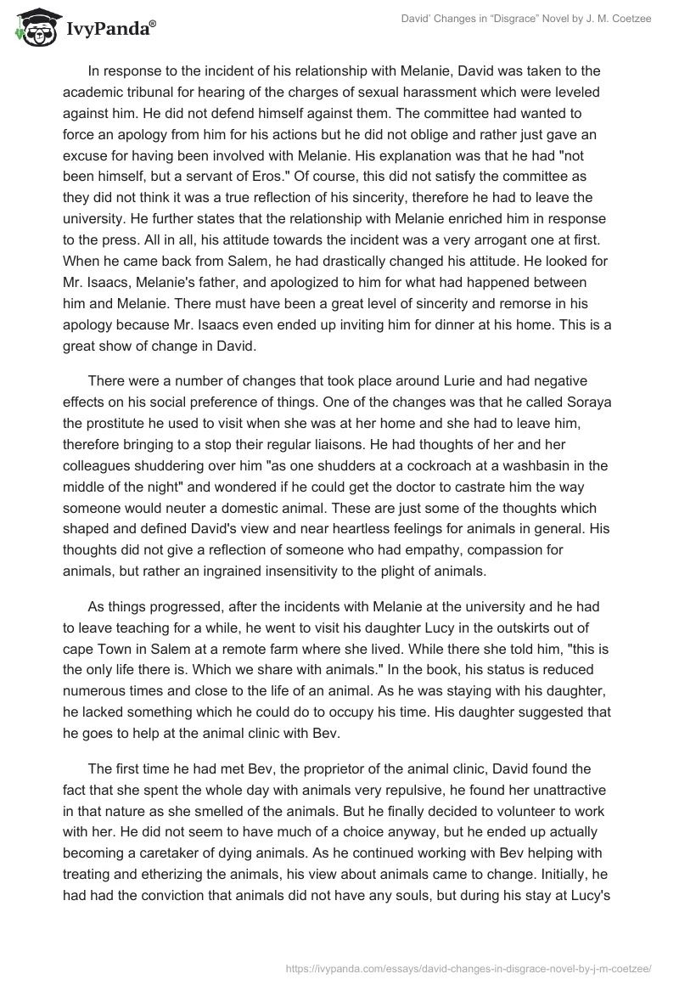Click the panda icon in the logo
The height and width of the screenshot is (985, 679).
(x=31, y=28)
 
